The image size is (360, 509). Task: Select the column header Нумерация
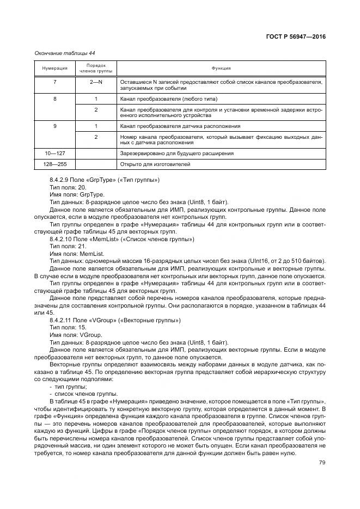coord(54,68)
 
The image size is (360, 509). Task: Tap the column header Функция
coord(221,68)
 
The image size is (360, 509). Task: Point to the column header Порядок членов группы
coord(96,68)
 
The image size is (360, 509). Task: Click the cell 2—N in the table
coord(96,81)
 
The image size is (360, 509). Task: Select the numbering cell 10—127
coord(54,154)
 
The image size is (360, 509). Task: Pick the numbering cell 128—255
coord(54,163)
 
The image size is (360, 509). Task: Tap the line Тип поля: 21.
coord(68,246)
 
